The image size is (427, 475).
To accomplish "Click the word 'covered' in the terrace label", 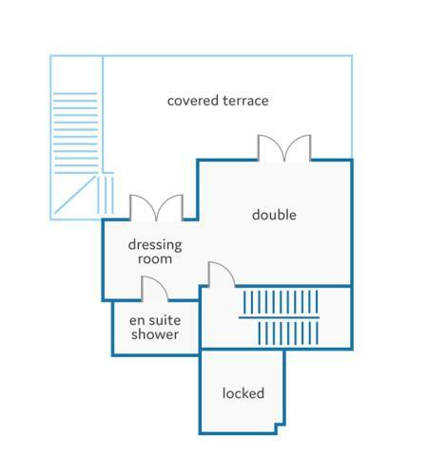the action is tap(193, 101).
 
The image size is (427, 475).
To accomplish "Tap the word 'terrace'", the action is tap(245, 101).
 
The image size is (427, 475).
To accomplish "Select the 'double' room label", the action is tap(274, 215).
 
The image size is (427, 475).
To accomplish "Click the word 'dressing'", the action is tap(155, 245).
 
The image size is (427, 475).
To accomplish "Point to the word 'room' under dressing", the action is tap(155, 259).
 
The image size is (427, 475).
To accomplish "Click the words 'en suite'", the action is tap(155, 320).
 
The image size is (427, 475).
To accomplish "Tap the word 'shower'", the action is tap(155, 334).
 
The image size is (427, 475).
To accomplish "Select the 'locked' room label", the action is tap(243, 393).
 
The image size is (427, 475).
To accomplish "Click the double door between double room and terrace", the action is tap(284, 148).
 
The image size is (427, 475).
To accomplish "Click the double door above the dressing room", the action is tap(156, 208).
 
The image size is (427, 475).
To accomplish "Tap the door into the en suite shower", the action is tap(154, 288).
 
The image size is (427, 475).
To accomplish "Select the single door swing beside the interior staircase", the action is tap(222, 275).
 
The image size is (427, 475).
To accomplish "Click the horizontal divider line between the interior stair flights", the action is tap(279, 317).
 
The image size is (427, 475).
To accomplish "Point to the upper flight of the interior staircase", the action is tap(281, 302).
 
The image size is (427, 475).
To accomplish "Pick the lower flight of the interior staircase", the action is tap(288, 333).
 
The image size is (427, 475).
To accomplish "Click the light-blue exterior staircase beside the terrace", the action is tap(76, 133).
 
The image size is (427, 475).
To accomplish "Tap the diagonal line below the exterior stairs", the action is tap(75, 195).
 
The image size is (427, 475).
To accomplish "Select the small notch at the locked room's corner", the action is tap(280, 428).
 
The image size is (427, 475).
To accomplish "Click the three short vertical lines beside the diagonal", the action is tap(106, 195).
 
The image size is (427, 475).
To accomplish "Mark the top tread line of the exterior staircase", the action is tap(75, 94).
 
